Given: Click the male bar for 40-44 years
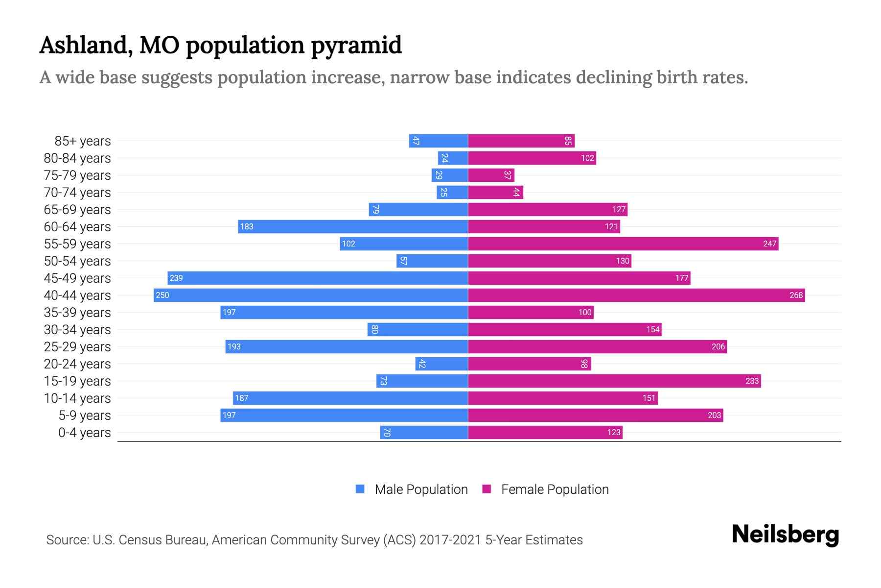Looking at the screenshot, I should (x=311, y=295).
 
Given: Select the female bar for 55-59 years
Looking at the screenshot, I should (x=623, y=244).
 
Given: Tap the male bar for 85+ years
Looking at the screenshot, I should (x=439, y=141).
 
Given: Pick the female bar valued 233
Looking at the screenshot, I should (x=614, y=381).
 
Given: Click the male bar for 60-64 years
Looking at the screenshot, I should (x=353, y=226).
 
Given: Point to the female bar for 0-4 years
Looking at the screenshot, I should (x=545, y=432).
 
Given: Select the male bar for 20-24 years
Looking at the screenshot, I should (x=441, y=364).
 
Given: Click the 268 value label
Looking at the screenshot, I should (x=796, y=295).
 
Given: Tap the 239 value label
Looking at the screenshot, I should (x=176, y=278).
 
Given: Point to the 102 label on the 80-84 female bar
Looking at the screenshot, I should (x=587, y=158).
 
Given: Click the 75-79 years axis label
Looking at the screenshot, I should (x=77, y=175).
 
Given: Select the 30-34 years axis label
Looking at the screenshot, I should (x=77, y=329).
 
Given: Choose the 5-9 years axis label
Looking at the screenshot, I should (x=85, y=415).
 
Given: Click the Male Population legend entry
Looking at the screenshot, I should (x=420, y=489).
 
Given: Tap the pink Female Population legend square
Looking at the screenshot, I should (x=487, y=489).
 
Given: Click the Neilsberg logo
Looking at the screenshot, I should (x=785, y=535).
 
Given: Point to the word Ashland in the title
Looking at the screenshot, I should (x=86, y=46).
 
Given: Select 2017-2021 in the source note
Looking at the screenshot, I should (x=450, y=540).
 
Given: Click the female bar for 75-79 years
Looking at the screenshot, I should (x=491, y=175).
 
